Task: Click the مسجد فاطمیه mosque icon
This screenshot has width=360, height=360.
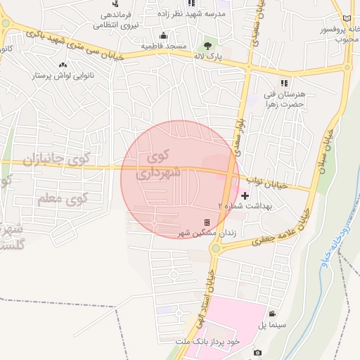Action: (164, 36)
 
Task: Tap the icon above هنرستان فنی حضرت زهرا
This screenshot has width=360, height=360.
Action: (283, 84)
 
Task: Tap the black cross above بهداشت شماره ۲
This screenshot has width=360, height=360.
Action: (245, 195)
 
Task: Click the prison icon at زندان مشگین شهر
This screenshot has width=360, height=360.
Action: (207, 223)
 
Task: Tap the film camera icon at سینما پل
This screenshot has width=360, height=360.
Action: (272, 314)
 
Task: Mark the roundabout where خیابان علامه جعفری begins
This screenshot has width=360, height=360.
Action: (217, 247)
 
